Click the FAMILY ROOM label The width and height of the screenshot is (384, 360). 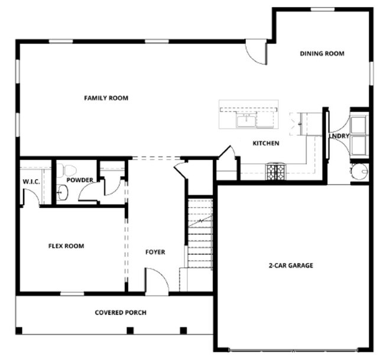tap(106, 98)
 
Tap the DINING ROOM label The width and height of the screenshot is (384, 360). tap(321, 54)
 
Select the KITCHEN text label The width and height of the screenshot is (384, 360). tap(266, 144)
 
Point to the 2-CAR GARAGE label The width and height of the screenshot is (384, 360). tap(291, 265)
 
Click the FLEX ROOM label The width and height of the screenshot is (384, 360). tap(66, 246)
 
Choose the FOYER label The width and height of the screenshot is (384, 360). tap(155, 252)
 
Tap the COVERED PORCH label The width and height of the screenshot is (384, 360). tap(121, 313)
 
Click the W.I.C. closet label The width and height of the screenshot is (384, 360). tap(31, 181)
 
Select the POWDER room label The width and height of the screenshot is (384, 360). tap(79, 180)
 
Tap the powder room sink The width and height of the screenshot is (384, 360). tap(63, 192)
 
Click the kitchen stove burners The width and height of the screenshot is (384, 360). tap(275, 171)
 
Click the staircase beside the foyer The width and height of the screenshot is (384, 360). tap(200, 233)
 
